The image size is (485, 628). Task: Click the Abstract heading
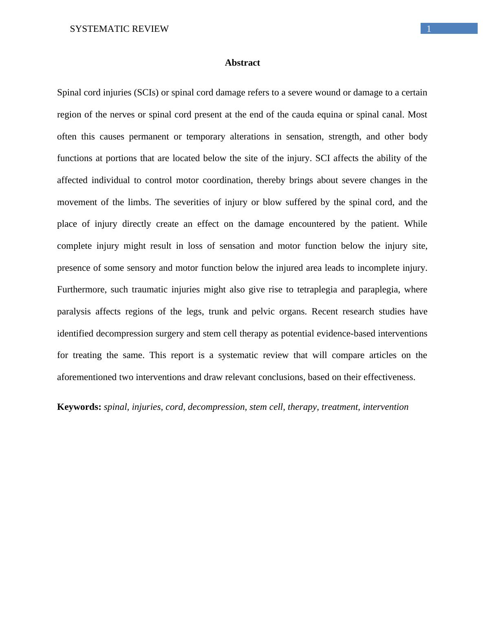[242, 63]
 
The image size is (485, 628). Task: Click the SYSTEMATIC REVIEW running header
[119, 29]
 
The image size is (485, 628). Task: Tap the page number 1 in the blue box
[429, 29]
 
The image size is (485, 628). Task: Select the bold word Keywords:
[79, 407]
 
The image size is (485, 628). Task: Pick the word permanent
[149, 137]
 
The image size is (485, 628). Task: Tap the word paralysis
[74, 312]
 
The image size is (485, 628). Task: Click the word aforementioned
[87, 377]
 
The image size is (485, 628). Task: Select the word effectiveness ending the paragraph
[390, 377]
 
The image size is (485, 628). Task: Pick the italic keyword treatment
[339, 407]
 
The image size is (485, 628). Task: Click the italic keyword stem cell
[266, 407]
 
